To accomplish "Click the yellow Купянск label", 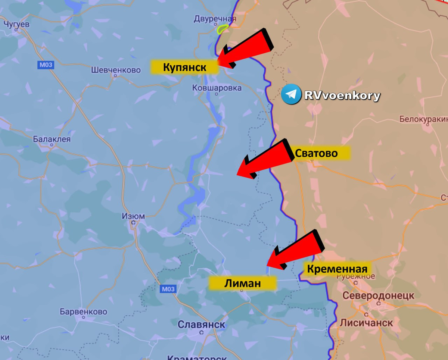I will coord(184,67).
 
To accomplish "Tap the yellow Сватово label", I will coord(322,153).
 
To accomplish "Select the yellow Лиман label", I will coord(242,283).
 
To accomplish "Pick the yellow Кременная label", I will coord(337,269).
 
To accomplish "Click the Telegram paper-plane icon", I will coord(291,94).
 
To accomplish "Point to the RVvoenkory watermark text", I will coord(342,96).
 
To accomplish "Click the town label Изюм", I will coord(133,216).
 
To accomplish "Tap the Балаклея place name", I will coord(52,139).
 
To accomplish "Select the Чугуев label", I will coord(16,24).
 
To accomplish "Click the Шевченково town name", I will coord(116,70).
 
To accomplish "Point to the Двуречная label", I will coord(215,19).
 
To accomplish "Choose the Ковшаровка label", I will coord(217,88).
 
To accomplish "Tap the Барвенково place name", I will coord(83,312).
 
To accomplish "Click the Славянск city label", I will coord(201,325).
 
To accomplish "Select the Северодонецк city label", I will coord(378,295).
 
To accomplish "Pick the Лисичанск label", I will coord(366,323).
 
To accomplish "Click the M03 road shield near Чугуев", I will coord(46,65).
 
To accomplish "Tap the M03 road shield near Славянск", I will coord(168,289).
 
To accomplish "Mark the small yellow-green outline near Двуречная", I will coord(223,29).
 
